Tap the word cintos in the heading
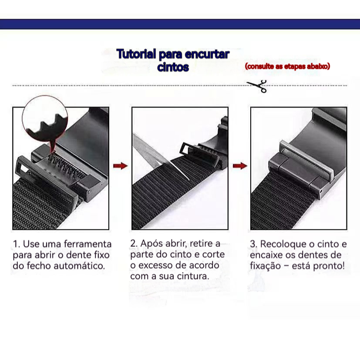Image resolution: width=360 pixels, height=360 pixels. point(173,67)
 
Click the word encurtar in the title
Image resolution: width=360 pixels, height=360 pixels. point(207,54)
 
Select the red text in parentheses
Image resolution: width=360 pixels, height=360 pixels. point(287,66)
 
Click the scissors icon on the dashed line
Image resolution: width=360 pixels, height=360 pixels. point(258,86)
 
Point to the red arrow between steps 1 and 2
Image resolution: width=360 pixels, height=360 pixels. point(120,166)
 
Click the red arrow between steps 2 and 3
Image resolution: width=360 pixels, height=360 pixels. point(240,166)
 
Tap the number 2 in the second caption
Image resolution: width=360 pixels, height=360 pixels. point(133,243)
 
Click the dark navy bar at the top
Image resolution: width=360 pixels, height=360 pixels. point(180,24)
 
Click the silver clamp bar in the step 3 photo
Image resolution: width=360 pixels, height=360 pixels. point(306,160)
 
